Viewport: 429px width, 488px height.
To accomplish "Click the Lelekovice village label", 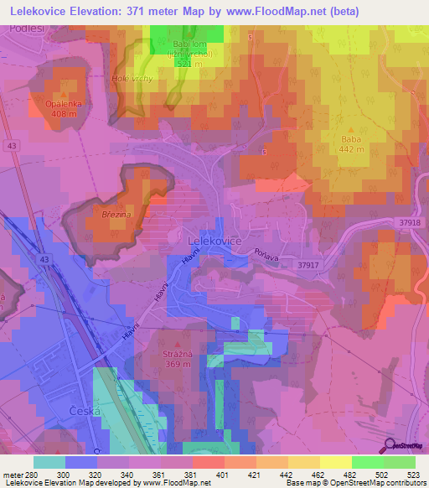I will (209, 240).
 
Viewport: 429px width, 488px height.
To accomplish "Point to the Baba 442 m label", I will (350, 139).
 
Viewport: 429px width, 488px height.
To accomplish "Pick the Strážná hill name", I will (172, 355).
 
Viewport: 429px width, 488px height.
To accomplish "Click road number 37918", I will (408, 221).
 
